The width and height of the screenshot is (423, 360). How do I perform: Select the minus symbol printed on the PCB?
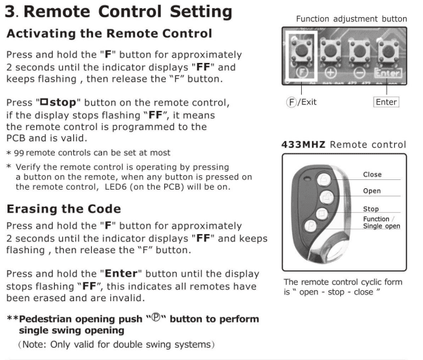point(358,70)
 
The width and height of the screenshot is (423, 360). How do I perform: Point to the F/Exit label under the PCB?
point(302,102)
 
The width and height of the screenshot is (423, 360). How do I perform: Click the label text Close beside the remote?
point(372,175)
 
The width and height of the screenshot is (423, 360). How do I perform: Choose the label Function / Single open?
point(381,222)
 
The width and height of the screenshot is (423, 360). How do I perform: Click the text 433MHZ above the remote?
point(306,145)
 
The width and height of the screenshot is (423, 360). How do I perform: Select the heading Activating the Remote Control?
point(110,34)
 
